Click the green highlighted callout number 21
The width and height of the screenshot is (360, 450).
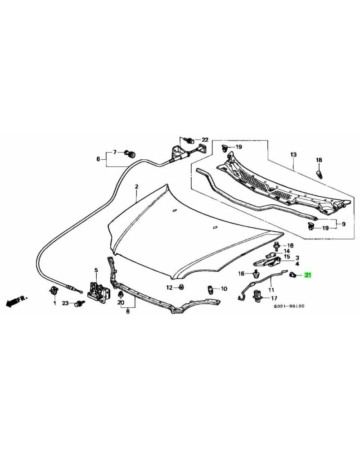(x=308, y=275)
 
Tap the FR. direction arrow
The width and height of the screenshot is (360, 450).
(x=15, y=300)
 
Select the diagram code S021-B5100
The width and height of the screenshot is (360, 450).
(x=289, y=306)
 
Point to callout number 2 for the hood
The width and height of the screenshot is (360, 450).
(x=136, y=186)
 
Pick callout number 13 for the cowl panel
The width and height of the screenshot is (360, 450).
(x=293, y=154)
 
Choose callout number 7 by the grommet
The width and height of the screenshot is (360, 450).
(x=114, y=152)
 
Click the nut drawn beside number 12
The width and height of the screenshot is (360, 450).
(x=181, y=287)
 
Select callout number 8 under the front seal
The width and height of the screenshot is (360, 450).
(x=128, y=310)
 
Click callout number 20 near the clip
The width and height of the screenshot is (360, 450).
(x=120, y=303)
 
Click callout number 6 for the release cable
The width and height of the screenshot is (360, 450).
(x=98, y=158)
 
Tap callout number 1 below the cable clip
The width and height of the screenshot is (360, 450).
(x=54, y=303)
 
